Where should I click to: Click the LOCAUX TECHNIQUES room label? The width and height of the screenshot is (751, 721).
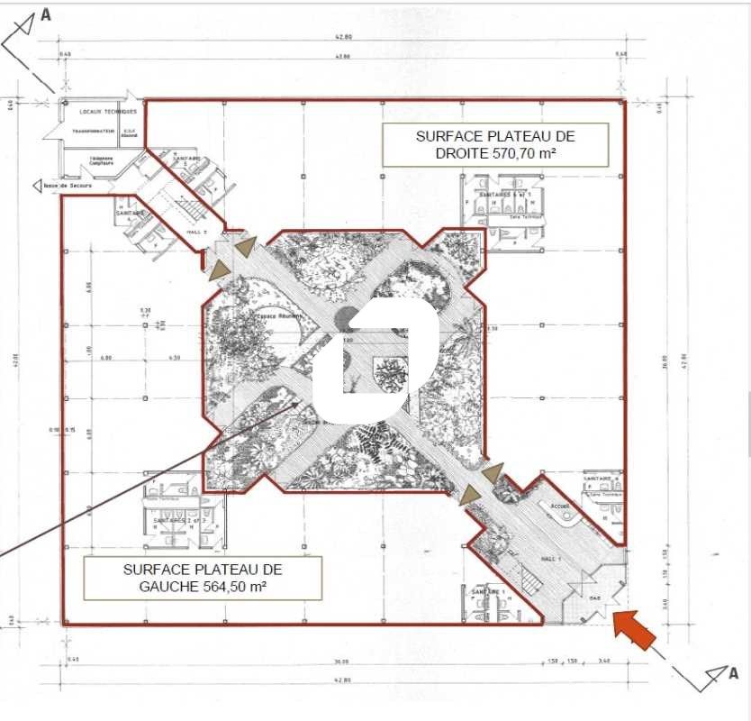click(107, 112)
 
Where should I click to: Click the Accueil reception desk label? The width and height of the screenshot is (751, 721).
click(559, 507)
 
